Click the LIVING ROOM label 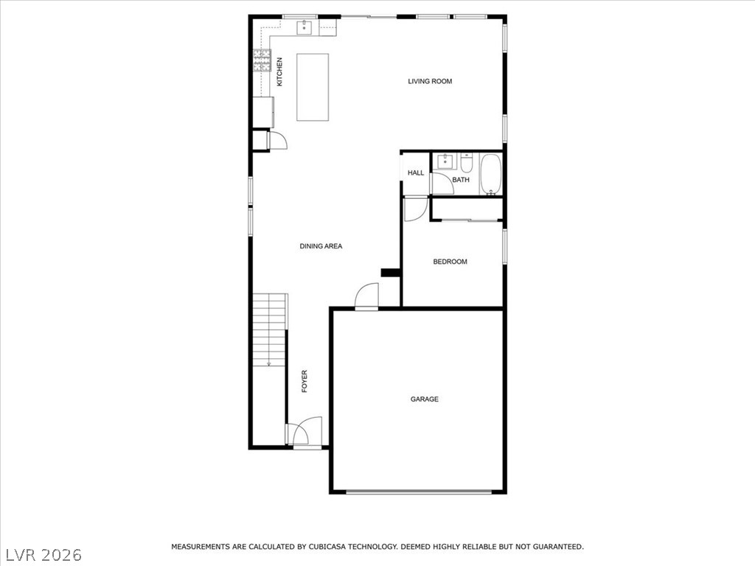click(x=430, y=81)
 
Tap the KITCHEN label click(x=279, y=71)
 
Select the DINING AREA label click(x=321, y=246)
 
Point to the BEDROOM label click(x=450, y=262)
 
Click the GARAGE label click(x=424, y=399)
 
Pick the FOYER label click(x=305, y=381)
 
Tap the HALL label click(x=416, y=172)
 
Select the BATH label click(x=461, y=180)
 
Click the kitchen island click(x=313, y=87)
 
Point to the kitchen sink click(x=305, y=27)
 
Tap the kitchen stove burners click(x=262, y=60)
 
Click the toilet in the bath click(x=466, y=163)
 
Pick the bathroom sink click(x=445, y=161)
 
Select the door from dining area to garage click(x=366, y=295)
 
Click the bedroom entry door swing click(x=415, y=209)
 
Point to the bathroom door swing click(x=442, y=184)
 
